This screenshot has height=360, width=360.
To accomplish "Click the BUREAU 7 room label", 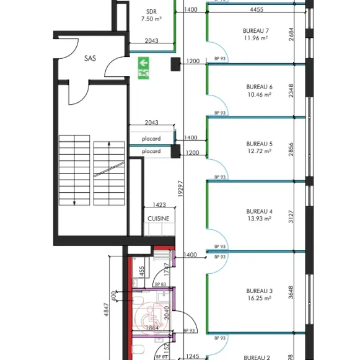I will pos(257,30).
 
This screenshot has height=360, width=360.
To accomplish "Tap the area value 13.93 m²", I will pos(259,219).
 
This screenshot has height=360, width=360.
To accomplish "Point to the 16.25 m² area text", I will pos(259,298).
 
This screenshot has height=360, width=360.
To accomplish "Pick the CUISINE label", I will pos(158,219).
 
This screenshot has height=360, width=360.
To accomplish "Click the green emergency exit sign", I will pos(144,68).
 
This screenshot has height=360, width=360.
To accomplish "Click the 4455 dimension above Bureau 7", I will pos(258,9).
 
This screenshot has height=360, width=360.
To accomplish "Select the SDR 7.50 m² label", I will pos(151,15).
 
